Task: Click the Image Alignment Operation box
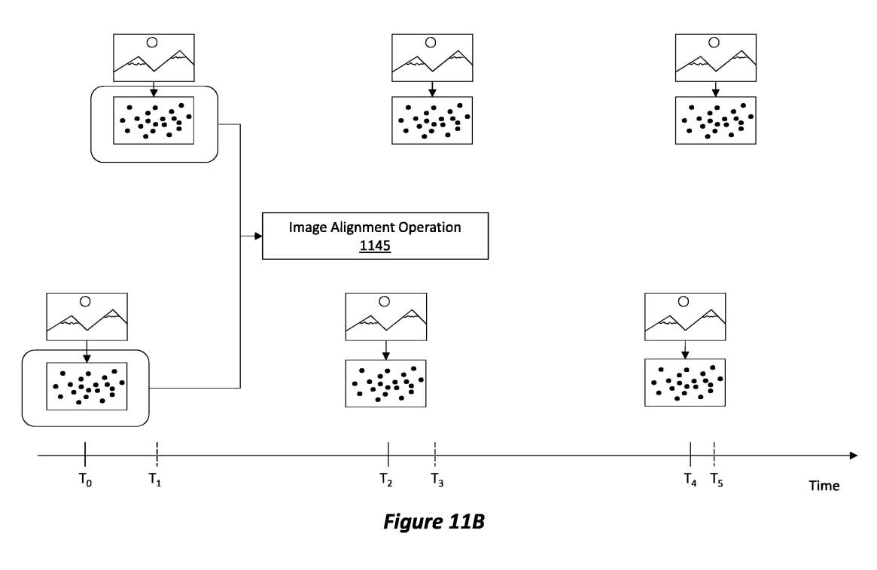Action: pyautogui.click(x=375, y=236)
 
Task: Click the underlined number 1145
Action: pyautogui.click(x=375, y=245)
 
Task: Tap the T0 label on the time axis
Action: pyautogui.click(x=85, y=479)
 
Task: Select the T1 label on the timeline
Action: pyautogui.click(x=155, y=479)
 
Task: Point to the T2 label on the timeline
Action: pyautogui.click(x=386, y=479)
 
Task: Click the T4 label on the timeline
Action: pyautogui.click(x=690, y=479)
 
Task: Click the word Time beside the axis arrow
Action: pyautogui.click(x=824, y=486)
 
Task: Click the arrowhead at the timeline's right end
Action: pyautogui.click(x=853, y=456)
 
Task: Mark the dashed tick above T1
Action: pyautogui.click(x=157, y=456)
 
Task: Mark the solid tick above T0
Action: pyautogui.click(x=85, y=456)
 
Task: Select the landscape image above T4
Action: pyautogui.click(x=685, y=317)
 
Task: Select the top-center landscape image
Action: pyautogui.click(x=433, y=57)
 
